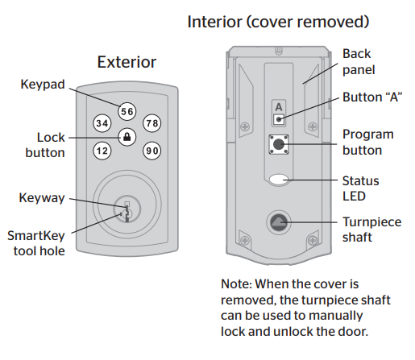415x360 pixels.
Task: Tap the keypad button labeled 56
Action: pyautogui.click(x=127, y=112)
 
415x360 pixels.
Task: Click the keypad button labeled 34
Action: pyautogui.click(x=102, y=124)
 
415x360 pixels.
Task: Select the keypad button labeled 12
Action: pyautogui.click(x=102, y=150)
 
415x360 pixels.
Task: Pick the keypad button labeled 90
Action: pyautogui.click(x=152, y=150)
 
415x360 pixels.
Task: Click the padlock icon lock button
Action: pyautogui.click(x=127, y=137)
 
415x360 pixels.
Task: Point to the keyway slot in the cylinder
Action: pyautogui.click(x=126, y=210)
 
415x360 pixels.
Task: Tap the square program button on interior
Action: pyautogui.click(x=279, y=147)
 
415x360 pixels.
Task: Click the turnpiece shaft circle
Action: pyautogui.click(x=279, y=222)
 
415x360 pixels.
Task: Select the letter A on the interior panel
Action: pyautogui.click(x=279, y=106)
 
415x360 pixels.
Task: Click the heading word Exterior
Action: pyautogui.click(x=127, y=62)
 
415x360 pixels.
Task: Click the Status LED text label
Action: pyautogui.click(x=360, y=188)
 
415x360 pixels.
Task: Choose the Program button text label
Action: pyautogui.click(x=367, y=142)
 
